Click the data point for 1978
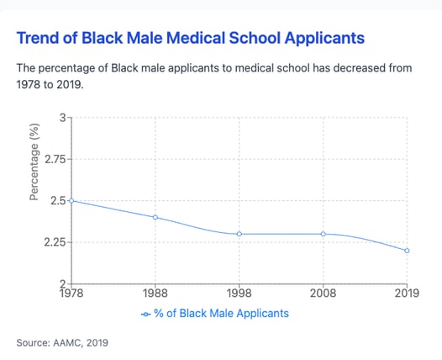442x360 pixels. (x=71, y=200)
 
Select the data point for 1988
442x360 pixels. (x=155, y=217)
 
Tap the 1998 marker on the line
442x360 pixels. (x=239, y=234)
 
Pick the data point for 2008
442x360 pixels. (x=324, y=234)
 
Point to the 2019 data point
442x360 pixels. (x=407, y=251)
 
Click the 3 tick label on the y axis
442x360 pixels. (x=62, y=118)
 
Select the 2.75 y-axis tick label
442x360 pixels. (x=55, y=160)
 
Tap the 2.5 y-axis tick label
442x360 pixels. (x=58, y=201)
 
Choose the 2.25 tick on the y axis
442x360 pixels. (x=55, y=242)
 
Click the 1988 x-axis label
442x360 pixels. (x=155, y=294)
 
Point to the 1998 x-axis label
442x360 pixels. (x=239, y=294)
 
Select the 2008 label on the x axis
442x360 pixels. (x=324, y=294)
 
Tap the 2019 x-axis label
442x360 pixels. (x=407, y=294)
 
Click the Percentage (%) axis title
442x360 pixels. (x=34, y=162)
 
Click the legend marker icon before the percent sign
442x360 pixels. (x=145, y=315)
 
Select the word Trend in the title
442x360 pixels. (x=39, y=38)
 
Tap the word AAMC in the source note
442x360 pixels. (x=68, y=343)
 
